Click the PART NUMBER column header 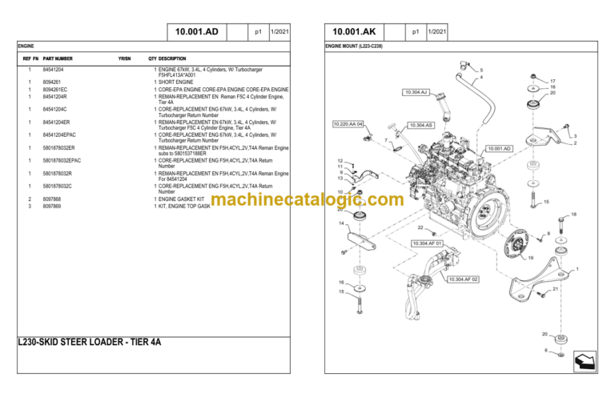click(58, 59)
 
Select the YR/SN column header click(124, 59)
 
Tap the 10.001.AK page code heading click(353, 32)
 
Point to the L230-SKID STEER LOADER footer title click(90, 341)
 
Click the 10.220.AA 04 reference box click(348, 124)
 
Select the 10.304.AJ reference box click(417, 92)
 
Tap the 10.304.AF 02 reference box click(463, 279)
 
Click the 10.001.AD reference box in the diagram click(498, 148)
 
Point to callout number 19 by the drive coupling click(531, 258)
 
